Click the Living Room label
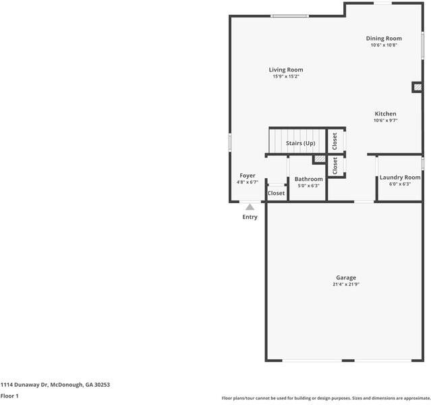pos(286,70)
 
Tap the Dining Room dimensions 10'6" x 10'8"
pos(384,45)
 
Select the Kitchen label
pos(385,113)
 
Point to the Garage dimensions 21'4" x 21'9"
pos(346,284)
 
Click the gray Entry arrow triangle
pos(250,207)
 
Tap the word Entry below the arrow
pos(250,217)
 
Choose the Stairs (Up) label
pos(300,143)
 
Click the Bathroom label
pos(309,179)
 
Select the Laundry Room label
pos(400,178)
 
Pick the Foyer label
pos(248,175)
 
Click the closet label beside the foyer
pos(276,193)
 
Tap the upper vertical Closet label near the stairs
pos(335,142)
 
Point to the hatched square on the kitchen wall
pos(418,87)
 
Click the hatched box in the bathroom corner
pos(320,159)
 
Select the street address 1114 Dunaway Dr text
pos(24,385)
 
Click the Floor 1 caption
pos(9,396)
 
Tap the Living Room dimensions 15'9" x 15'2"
pos(286,76)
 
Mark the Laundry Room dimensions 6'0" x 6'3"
pos(400,184)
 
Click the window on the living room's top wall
pos(289,16)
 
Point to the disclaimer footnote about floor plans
pos(326,398)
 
